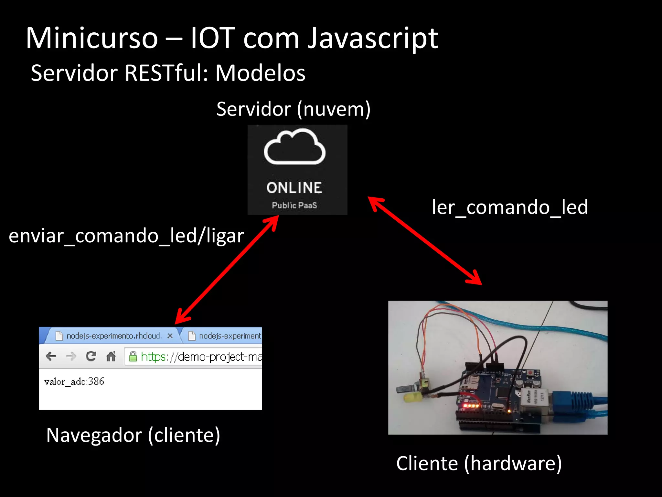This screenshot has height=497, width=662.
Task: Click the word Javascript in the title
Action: [372, 39]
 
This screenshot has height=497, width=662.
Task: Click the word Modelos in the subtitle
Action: [260, 73]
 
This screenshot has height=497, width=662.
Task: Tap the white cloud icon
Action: [294, 147]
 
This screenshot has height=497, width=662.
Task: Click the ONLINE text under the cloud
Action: [294, 188]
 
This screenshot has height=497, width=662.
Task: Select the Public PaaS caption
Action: [294, 205]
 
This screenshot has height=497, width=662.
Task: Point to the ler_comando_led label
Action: [510, 207]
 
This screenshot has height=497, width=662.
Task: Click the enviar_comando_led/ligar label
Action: [126, 236]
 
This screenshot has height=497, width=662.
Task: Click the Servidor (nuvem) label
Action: [293, 109]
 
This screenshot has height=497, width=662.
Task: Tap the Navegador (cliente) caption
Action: [133, 435]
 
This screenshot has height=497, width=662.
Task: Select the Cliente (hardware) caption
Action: [479, 463]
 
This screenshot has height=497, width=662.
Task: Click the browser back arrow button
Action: [51, 357]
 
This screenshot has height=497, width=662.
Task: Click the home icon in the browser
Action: [111, 357]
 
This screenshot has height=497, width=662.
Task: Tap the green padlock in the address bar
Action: [133, 357]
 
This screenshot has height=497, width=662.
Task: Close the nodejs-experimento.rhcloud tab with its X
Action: [170, 336]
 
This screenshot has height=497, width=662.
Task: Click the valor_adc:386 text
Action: [74, 382]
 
